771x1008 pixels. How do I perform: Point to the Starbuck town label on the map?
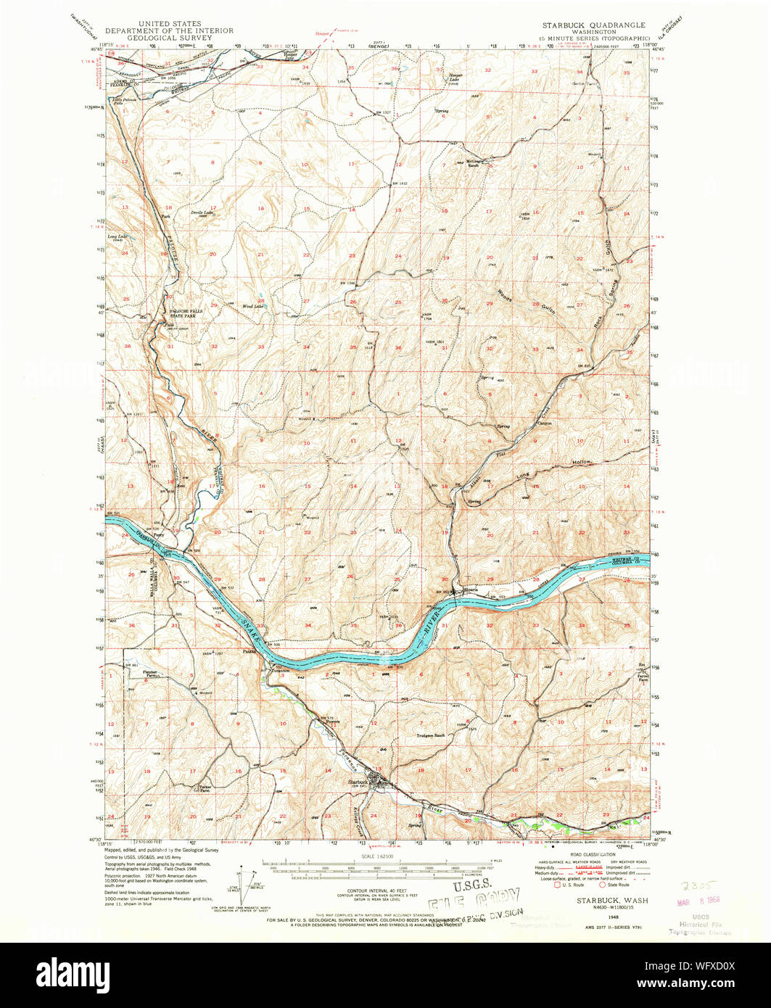358,782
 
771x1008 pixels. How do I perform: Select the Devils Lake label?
200,212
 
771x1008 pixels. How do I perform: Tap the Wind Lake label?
252,307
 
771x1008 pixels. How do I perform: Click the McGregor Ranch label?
474,163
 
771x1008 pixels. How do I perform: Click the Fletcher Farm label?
147,672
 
